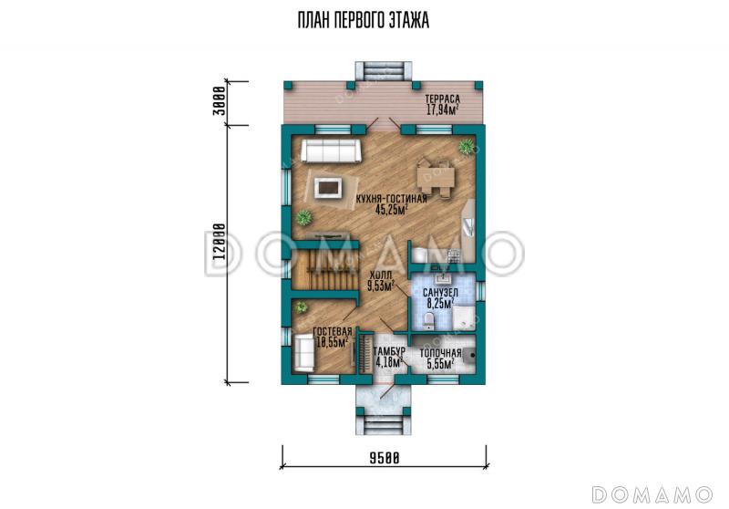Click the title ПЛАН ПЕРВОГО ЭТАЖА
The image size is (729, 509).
(x=363, y=21)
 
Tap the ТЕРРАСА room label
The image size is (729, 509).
(x=442, y=99)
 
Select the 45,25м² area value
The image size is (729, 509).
(x=392, y=210)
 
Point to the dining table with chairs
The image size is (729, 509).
(x=436, y=178)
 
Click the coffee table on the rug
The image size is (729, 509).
(x=329, y=188)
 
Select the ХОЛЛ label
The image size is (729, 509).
(x=381, y=275)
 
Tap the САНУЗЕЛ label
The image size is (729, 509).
(x=440, y=293)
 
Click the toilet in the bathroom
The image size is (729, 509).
(x=428, y=322)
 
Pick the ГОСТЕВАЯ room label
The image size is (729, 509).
(x=332, y=332)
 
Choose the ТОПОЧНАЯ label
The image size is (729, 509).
(x=440, y=354)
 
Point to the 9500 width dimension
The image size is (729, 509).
(x=384, y=458)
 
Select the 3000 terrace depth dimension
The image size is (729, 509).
(x=220, y=101)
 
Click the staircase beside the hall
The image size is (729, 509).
(x=325, y=269)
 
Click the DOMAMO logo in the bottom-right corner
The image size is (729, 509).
(x=652, y=494)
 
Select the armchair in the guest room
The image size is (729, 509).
(x=304, y=352)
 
